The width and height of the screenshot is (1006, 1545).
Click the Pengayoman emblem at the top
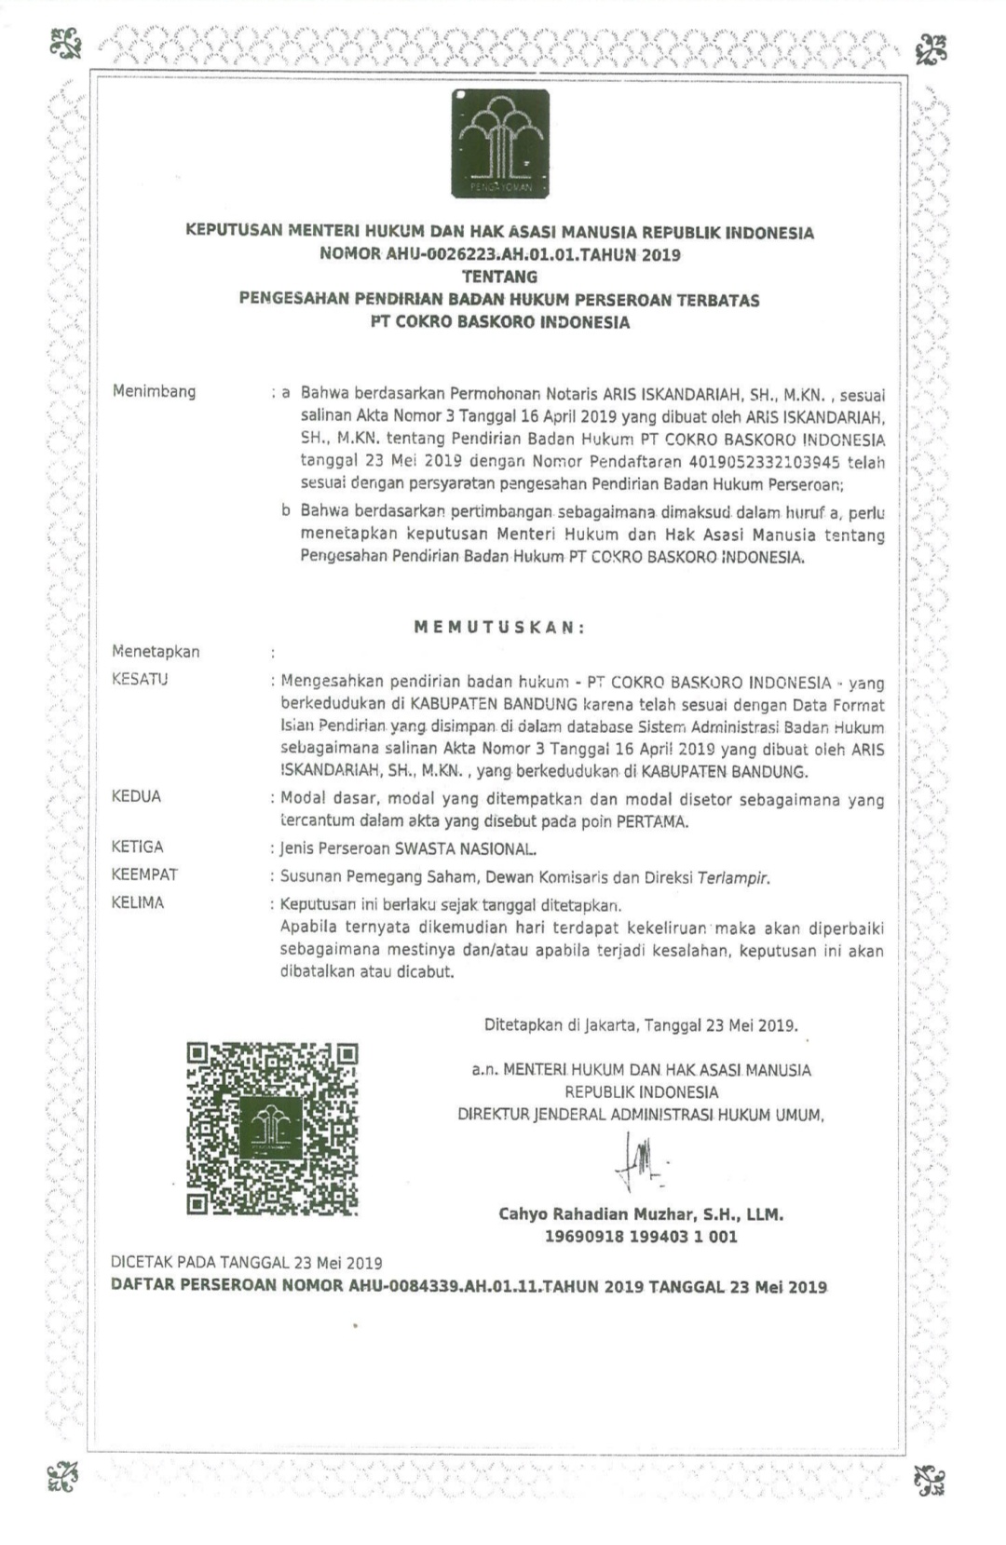coord(500,144)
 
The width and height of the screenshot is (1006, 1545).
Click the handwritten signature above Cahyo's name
coord(640,1163)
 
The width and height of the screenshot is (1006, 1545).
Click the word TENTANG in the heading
coord(499,277)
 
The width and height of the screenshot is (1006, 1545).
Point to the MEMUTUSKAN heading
coord(499,628)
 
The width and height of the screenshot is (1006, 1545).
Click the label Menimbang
coord(154,391)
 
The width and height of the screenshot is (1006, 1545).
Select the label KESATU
coord(140,679)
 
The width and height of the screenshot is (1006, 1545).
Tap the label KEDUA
coord(136,796)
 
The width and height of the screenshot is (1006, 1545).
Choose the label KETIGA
coord(137,847)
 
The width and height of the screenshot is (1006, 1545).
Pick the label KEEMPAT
coord(144,874)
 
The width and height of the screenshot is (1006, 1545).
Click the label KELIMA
coord(137,902)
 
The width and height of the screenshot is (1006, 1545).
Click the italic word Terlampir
coord(734,877)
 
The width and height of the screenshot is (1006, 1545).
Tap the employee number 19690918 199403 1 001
coord(641,1237)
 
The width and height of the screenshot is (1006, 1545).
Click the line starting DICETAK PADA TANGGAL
coord(247,1263)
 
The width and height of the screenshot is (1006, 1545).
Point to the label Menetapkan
coord(156,652)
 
